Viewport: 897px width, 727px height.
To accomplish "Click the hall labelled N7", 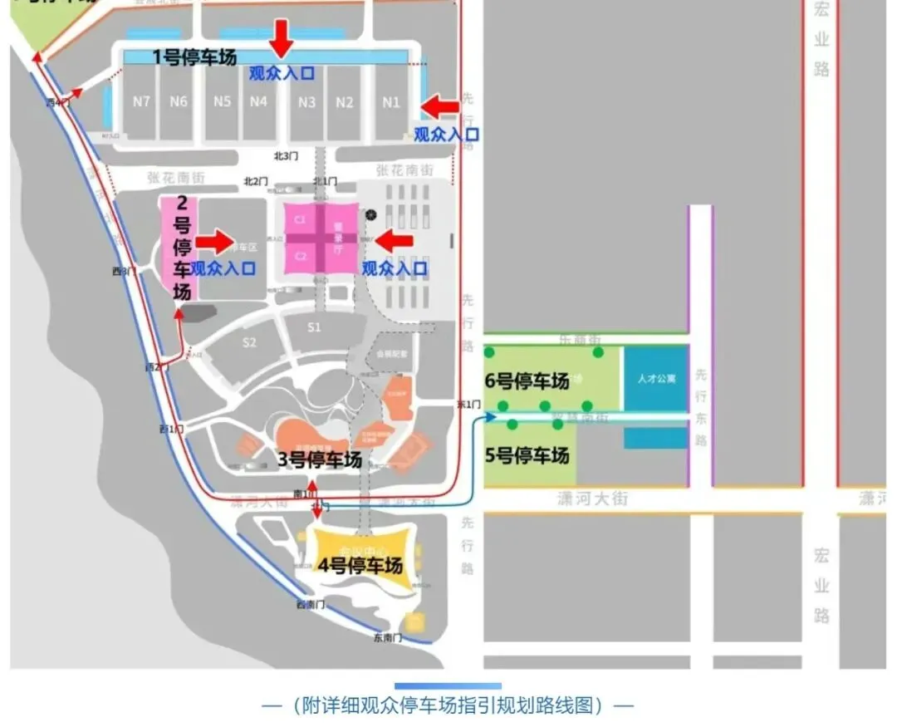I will (141, 102).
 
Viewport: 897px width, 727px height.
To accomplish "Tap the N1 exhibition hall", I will (391, 102).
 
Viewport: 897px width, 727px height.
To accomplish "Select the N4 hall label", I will (259, 102).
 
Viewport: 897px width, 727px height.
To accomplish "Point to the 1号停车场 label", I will (194, 57).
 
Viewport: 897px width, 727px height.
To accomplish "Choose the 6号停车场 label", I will (527, 381).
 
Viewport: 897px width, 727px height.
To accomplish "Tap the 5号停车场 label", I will (527, 456).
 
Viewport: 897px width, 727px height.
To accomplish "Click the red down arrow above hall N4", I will (282, 37).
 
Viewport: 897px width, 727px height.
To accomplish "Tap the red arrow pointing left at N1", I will (440, 106).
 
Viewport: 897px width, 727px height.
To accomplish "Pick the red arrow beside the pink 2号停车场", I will (215, 242).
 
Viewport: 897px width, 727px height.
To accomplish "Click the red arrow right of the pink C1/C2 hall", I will (395, 241).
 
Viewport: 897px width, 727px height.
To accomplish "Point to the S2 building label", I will (249, 342).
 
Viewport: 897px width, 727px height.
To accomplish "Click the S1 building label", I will (314, 327).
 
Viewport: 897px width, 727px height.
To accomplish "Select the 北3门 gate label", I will (286, 156).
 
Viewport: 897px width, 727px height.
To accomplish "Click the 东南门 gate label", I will (386, 638).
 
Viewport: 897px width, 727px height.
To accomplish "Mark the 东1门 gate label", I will (469, 404).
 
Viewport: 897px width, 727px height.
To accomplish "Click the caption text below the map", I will (448, 705).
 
